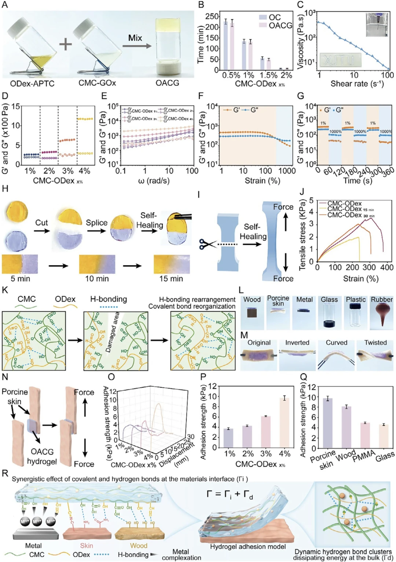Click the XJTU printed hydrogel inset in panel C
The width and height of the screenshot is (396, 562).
[x=340, y=60]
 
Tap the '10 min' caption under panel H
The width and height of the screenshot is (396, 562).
[x=97, y=279]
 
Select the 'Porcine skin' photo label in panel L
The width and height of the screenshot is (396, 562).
[x=278, y=301]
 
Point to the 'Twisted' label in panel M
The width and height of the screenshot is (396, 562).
[x=375, y=342]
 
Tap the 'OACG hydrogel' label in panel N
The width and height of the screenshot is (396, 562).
[x=42, y=456]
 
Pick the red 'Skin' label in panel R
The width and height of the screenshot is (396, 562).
[x=87, y=546]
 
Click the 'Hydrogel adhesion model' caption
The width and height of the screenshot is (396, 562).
[x=248, y=547]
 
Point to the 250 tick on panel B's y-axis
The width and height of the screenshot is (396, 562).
[x=212, y=16]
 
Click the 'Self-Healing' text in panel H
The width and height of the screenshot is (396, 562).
[x=150, y=220]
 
